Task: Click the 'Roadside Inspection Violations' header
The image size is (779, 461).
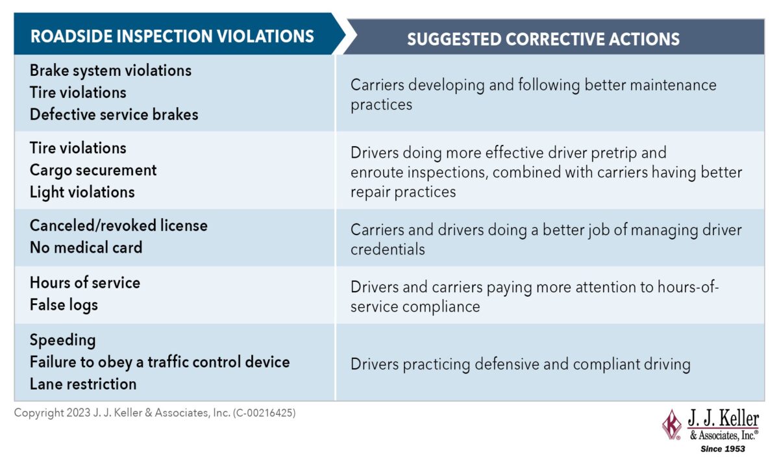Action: [x=172, y=36]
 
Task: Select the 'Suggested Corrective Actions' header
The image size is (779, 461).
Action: [x=543, y=39]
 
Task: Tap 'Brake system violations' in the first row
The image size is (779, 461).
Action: [x=110, y=71]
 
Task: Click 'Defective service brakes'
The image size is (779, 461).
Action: [x=114, y=114]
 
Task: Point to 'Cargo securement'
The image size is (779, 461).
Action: [x=93, y=171]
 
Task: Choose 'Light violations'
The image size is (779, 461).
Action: [x=82, y=192]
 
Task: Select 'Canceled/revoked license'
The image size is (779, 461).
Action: [x=119, y=225]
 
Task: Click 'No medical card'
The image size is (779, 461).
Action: [x=86, y=247]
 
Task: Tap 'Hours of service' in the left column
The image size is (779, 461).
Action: [x=85, y=282]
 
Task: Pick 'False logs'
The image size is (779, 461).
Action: [x=64, y=305]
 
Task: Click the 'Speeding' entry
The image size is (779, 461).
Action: [x=62, y=340]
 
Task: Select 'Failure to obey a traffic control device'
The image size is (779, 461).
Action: [x=160, y=362]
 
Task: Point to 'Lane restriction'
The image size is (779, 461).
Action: [x=83, y=384]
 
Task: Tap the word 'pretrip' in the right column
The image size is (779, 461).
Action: [x=614, y=153]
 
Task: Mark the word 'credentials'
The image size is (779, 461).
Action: [x=388, y=249]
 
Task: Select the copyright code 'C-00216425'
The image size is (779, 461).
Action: [x=264, y=413]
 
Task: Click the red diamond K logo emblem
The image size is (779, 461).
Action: [x=672, y=425]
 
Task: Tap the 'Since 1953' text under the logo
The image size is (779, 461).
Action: [x=723, y=449]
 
